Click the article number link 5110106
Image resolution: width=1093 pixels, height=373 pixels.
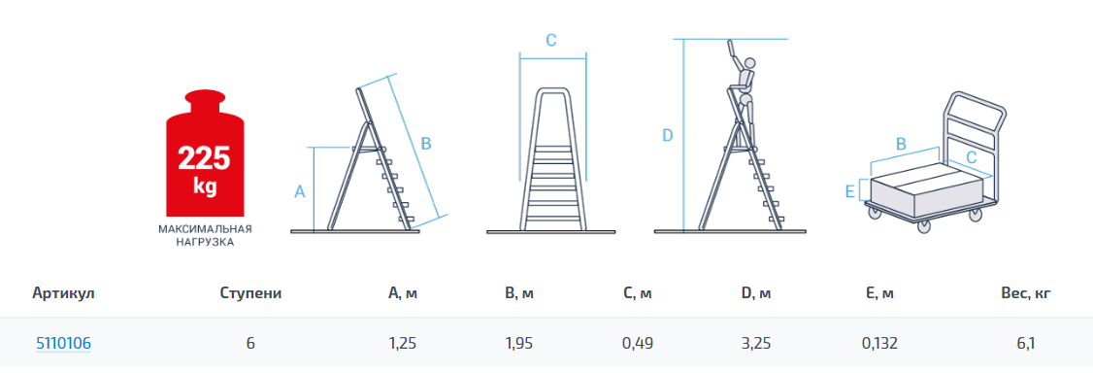pyautogui.click(x=63, y=343)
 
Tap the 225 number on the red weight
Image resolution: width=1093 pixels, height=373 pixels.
pyautogui.click(x=204, y=158)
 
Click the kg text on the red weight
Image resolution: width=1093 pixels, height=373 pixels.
pyautogui.click(x=204, y=186)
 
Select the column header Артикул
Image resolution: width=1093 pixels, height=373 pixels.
pyautogui.click(x=63, y=293)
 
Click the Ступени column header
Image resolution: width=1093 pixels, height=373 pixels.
pyautogui.click(x=250, y=293)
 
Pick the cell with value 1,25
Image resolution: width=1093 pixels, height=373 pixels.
pyautogui.click(x=403, y=343)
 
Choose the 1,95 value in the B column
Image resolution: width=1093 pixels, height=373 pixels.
pyautogui.click(x=519, y=343)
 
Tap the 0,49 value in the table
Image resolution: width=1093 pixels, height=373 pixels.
pyautogui.click(x=638, y=343)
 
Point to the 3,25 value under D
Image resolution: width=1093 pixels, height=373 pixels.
pyautogui.click(x=756, y=343)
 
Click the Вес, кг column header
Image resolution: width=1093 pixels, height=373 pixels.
pyautogui.click(x=1025, y=293)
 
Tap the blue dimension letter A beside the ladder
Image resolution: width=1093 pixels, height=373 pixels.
pyautogui.click(x=301, y=191)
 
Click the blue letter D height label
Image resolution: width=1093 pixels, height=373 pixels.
pyautogui.click(x=667, y=136)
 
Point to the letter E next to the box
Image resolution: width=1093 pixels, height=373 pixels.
pyautogui.click(x=849, y=190)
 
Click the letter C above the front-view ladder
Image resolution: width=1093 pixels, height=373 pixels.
pyautogui.click(x=550, y=41)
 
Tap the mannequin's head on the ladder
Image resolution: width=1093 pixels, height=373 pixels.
pyautogui.click(x=748, y=65)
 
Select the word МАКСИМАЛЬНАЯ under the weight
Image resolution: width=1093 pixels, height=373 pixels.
pyautogui.click(x=205, y=229)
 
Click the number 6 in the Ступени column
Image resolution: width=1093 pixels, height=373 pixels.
pyautogui.click(x=251, y=343)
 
